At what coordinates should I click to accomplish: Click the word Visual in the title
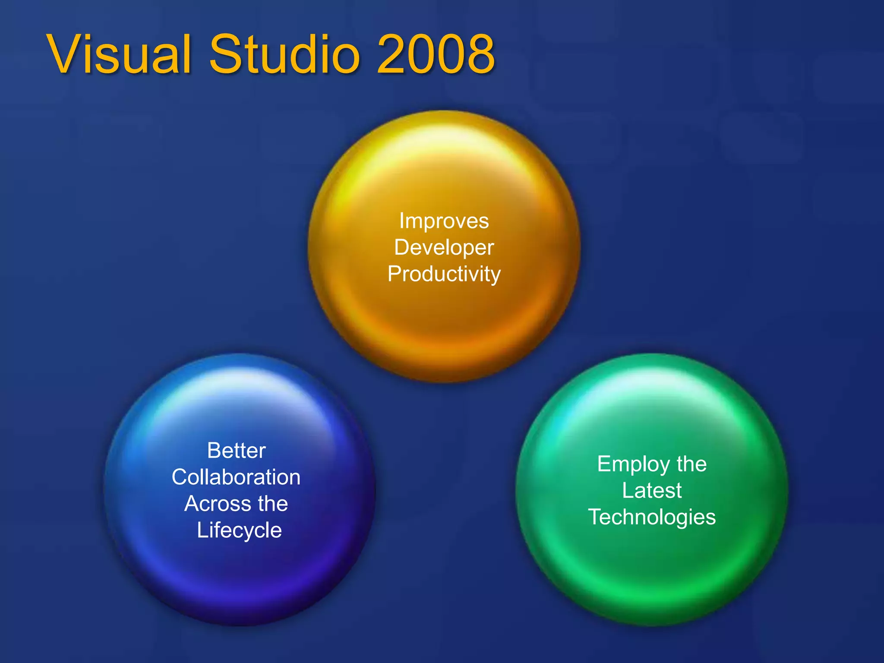[x=119, y=55]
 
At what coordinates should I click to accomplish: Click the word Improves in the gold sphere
[x=444, y=221]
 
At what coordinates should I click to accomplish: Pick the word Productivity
[x=444, y=274]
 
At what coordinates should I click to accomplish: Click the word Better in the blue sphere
[x=236, y=451]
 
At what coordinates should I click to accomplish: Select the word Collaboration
[x=236, y=477]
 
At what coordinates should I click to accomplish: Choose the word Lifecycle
[x=239, y=530]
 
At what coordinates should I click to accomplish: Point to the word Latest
[x=652, y=491]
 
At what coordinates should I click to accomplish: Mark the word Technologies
[x=652, y=517]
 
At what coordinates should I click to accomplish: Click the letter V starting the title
[x=69, y=55]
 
